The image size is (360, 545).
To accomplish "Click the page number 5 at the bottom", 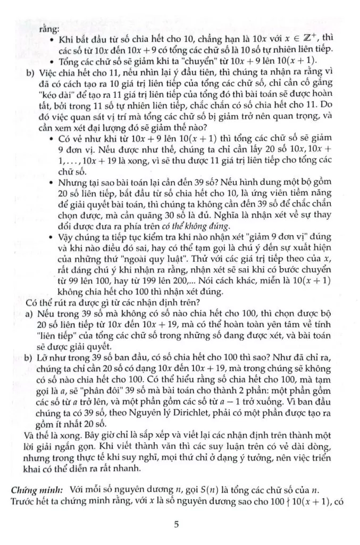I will point(177,525).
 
